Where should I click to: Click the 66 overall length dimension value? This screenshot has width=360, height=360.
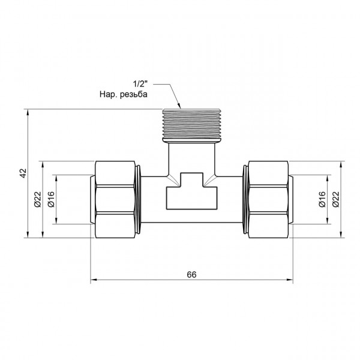191,275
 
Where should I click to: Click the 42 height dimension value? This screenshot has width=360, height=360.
23,173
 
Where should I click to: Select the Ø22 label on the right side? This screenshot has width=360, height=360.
335,199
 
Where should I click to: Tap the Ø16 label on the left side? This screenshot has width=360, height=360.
51,199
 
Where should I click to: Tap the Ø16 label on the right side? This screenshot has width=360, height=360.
322,199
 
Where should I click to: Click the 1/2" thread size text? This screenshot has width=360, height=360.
140,84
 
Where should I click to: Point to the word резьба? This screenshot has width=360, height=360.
134,94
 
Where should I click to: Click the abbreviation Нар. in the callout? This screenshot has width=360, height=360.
109,94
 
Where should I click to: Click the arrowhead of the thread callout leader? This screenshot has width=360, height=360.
179,106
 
